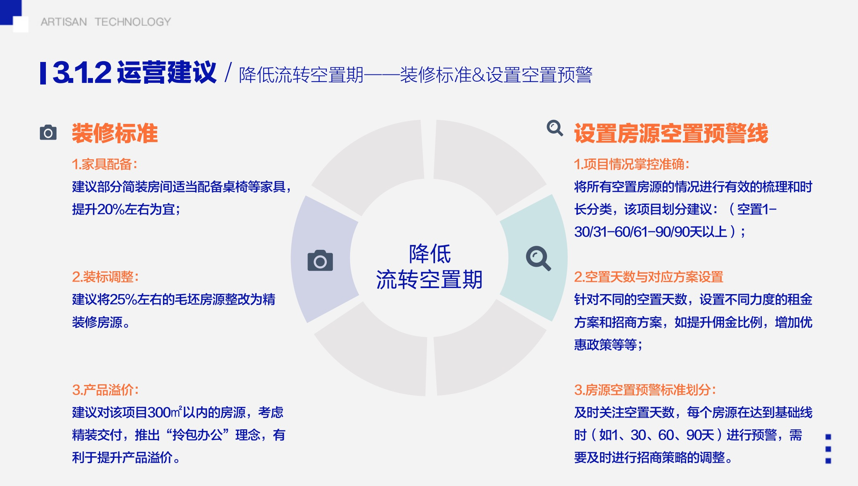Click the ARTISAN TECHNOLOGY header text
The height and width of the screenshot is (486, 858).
(106, 22)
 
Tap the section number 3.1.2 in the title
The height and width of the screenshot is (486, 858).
(82, 73)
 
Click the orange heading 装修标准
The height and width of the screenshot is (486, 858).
(115, 133)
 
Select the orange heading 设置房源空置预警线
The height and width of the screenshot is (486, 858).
(671, 133)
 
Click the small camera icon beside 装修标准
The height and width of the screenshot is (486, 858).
(48, 132)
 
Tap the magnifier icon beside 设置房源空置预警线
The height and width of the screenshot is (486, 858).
(555, 128)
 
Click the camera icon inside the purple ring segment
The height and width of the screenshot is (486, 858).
(320, 261)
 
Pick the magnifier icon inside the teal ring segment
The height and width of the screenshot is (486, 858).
(538, 258)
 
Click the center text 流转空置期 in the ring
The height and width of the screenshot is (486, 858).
(429, 280)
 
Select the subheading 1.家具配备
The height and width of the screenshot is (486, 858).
(105, 164)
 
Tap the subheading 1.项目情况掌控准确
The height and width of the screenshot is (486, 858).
(632, 164)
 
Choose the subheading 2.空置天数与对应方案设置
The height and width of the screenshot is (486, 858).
(649, 277)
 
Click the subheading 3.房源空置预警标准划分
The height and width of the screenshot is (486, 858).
(645, 390)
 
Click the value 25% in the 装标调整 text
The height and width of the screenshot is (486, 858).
(123, 299)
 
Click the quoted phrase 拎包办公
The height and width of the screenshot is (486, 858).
(198, 435)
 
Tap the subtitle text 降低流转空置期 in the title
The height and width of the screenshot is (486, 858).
(301, 75)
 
